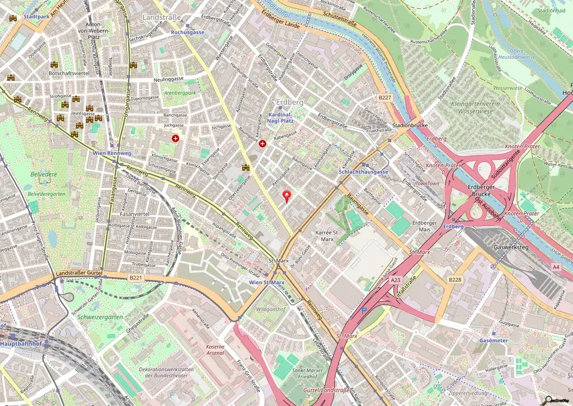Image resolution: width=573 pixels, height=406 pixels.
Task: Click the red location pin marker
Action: (288, 196)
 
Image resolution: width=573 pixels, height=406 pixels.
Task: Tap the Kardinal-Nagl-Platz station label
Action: (277, 117)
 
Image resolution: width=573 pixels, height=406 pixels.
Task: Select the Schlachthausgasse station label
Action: (363, 172)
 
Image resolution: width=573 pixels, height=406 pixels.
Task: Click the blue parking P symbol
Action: (364, 310)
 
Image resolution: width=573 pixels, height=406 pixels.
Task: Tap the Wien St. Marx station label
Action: (267, 282)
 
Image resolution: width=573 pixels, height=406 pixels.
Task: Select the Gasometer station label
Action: (494, 340)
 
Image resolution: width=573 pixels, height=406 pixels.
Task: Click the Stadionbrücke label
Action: (410, 125)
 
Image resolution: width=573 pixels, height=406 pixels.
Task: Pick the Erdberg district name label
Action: (290, 102)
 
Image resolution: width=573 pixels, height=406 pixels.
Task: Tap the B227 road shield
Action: (384, 97)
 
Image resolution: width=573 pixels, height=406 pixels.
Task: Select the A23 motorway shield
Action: (396, 280)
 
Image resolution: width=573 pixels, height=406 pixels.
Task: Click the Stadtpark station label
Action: (37, 17)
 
